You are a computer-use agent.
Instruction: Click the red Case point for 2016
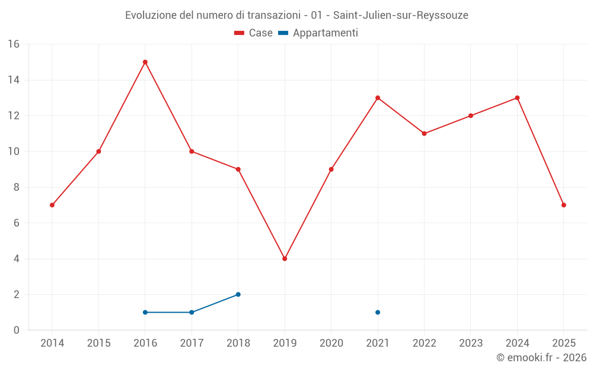tap(145, 62)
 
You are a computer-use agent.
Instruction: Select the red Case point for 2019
tap(285, 259)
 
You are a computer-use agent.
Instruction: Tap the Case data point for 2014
tap(52, 205)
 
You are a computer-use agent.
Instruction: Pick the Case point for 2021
tap(378, 98)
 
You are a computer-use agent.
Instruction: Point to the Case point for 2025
tap(564, 205)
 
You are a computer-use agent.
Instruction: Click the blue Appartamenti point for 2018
tap(238, 294)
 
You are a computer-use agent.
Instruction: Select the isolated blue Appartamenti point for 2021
tap(378, 312)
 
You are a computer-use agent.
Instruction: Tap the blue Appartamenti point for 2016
tap(145, 312)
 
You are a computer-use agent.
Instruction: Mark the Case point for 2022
tap(424, 134)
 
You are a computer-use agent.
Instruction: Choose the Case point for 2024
tap(517, 98)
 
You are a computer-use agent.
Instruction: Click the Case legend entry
tap(254, 33)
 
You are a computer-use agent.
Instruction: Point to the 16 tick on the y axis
tap(14, 44)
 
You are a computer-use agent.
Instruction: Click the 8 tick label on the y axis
tap(17, 187)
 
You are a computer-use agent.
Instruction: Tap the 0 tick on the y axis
tap(17, 330)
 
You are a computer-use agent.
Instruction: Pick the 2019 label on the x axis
tap(285, 343)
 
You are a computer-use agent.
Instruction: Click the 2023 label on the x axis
tap(471, 343)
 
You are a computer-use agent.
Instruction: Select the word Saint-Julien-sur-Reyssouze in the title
tap(400, 15)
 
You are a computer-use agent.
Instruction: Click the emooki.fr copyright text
tap(541, 358)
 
